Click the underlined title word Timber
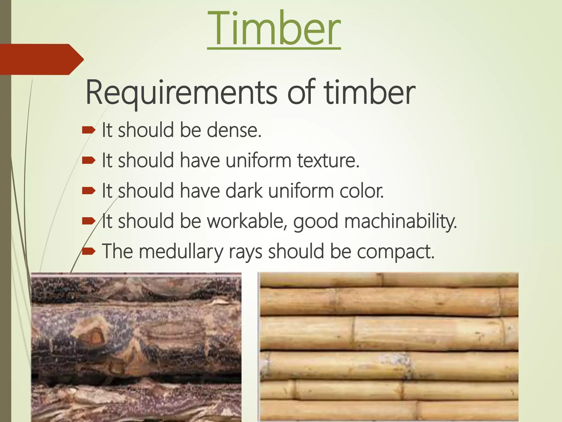click(274, 29)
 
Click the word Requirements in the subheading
click(181, 93)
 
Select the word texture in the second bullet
click(328, 160)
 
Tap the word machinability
click(400, 221)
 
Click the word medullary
click(181, 252)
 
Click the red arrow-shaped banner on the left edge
click(41, 59)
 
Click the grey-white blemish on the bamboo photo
click(395, 359)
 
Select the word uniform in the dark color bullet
click(300, 191)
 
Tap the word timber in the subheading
click(369, 93)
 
